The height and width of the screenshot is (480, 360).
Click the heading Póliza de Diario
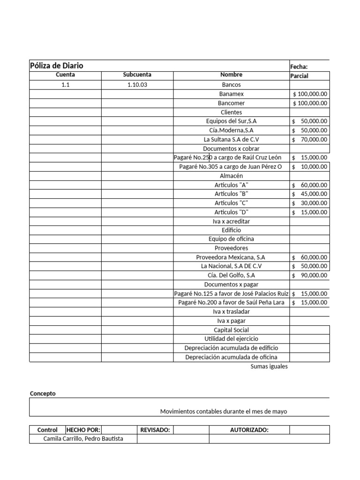tap(57, 66)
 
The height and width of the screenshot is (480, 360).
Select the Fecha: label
tap(299, 67)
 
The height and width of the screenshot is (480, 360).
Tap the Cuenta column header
tap(65, 75)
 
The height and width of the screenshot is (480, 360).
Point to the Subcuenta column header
tap(137, 75)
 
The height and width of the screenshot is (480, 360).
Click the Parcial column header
tap(300, 76)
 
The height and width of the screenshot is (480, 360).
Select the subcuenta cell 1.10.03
tap(137, 85)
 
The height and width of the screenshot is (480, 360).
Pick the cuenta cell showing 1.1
tap(65, 85)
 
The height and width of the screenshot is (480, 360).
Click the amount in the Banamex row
tap(310, 94)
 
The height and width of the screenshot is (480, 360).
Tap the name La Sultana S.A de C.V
tap(231, 139)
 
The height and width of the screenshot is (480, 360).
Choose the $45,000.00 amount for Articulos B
tap(309, 194)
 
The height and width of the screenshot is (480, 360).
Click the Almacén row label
tap(231, 176)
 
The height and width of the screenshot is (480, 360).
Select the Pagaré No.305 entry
tap(231, 166)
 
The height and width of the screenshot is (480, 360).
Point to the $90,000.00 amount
tap(309, 275)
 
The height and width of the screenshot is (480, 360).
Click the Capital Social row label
tap(231, 330)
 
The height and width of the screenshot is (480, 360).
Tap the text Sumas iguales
tap(269, 367)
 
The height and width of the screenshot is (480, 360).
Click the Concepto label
tap(43, 394)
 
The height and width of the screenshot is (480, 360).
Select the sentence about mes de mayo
tap(224, 412)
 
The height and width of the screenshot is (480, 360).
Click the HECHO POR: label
tap(83, 430)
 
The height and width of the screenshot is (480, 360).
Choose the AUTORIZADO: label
tap(249, 430)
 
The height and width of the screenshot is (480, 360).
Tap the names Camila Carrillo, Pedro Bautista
tap(83, 439)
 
